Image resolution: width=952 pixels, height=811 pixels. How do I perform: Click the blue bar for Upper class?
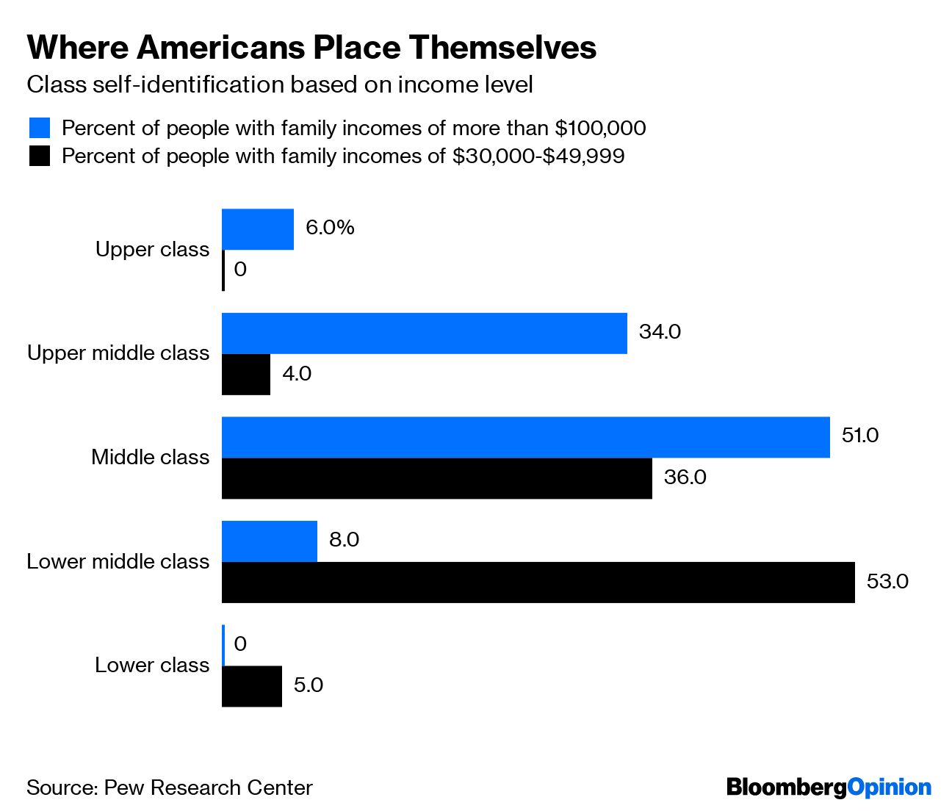pyautogui.click(x=258, y=229)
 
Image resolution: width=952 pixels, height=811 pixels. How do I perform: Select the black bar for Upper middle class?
pyautogui.click(x=246, y=375)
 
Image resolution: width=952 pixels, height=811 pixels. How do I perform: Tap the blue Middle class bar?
pyautogui.click(x=525, y=437)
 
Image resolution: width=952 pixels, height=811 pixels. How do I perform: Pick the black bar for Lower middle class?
pyautogui.click(x=538, y=583)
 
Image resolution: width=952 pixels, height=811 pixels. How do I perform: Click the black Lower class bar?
pyautogui.click(x=252, y=686)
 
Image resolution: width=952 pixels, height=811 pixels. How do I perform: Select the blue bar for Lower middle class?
pyautogui.click(x=270, y=541)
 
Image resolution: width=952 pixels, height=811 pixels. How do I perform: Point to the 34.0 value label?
pyautogui.click(x=660, y=332)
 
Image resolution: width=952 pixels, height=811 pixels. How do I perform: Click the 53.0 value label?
pyautogui.click(x=887, y=582)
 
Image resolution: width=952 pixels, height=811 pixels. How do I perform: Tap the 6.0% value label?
pyautogui.click(x=330, y=228)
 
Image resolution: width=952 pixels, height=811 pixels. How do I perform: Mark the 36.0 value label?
pyautogui.click(x=685, y=477)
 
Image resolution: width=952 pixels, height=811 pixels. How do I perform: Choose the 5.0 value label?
pyautogui.click(x=308, y=685)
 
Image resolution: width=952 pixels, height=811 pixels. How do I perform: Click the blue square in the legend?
pyautogui.click(x=40, y=128)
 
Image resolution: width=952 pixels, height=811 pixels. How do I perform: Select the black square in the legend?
pyautogui.click(x=40, y=156)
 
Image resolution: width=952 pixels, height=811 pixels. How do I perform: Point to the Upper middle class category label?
pyautogui.click(x=118, y=353)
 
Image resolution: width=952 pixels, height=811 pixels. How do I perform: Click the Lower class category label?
pyautogui.click(x=152, y=666)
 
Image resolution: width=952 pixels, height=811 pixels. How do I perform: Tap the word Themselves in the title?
pyautogui.click(x=502, y=48)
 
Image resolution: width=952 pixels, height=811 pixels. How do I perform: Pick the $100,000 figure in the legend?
pyautogui.click(x=600, y=129)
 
